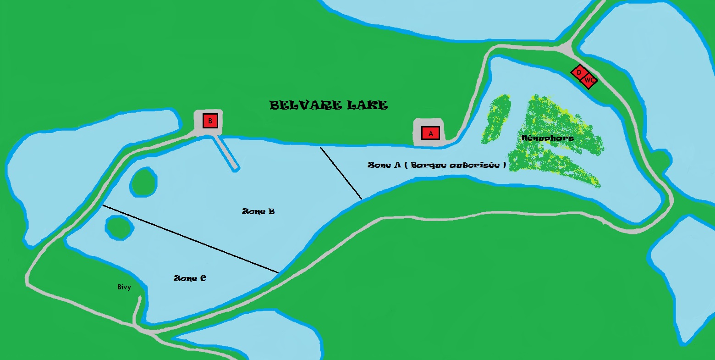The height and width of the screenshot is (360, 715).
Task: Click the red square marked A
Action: coord(430,133)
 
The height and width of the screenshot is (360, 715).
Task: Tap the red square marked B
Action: coord(210,121)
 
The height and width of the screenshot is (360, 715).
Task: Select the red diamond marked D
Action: coord(579,72)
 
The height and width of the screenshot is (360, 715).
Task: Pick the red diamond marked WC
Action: coord(589,81)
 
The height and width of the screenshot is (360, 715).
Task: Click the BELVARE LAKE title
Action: coord(329,105)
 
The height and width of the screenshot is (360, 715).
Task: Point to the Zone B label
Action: coord(258,211)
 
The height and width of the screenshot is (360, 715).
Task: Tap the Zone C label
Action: coord(190,278)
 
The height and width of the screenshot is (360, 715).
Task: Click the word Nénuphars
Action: coord(547,138)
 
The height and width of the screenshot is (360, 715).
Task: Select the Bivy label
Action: coord(124,287)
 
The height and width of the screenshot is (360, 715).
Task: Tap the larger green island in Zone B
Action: coord(143,182)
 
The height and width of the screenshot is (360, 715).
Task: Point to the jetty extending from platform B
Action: coord(227,153)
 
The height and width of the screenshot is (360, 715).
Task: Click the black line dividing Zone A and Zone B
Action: coord(341,173)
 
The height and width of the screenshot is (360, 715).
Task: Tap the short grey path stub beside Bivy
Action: coord(137,310)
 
